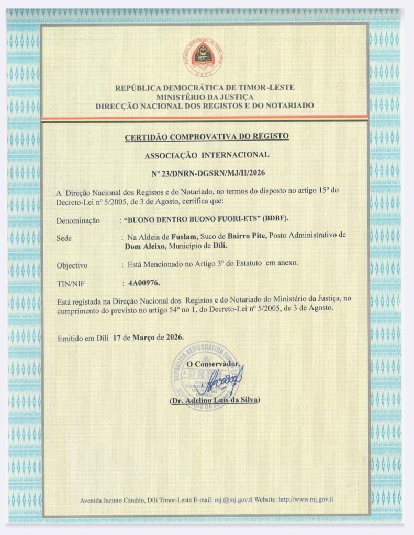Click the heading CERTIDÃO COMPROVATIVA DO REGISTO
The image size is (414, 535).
pos(207,137)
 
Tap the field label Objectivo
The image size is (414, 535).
pos(72,265)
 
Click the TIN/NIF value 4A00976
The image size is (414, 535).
pos(143,283)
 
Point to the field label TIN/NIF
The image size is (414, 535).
pos(69,284)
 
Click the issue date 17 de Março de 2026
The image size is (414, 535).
pos(149,337)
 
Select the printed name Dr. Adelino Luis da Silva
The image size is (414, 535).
pos(215,401)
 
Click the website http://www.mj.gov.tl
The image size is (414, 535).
pos(306,499)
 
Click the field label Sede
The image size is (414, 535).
pos(64,238)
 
